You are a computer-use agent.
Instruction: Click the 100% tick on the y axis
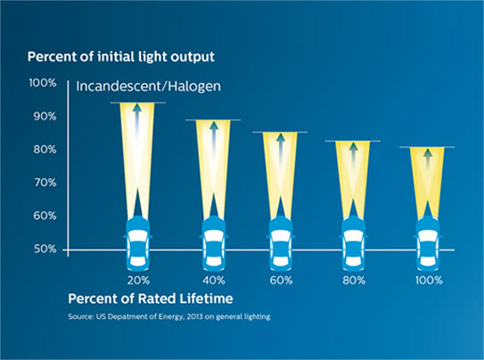click(42, 83)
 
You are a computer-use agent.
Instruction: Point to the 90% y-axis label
click(44, 116)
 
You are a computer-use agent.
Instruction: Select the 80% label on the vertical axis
click(44, 149)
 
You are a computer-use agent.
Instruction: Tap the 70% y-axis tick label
click(44, 182)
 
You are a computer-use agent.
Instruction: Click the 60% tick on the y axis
click(44, 216)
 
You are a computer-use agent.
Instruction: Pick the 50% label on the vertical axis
click(44, 249)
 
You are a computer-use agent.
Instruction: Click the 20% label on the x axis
click(137, 280)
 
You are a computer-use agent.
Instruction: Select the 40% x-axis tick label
click(212, 280)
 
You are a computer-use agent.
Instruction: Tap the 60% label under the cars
click(282, 280)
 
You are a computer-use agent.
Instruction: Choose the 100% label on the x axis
click(429, 280)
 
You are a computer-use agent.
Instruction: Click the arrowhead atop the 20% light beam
click(137, 109)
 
